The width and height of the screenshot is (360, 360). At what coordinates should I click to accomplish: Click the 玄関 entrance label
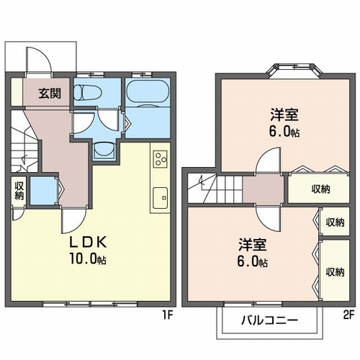coord(50,94)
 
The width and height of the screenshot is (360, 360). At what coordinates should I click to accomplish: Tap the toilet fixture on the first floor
coord(88,93)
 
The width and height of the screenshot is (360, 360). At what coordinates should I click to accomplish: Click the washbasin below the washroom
coord(104,150)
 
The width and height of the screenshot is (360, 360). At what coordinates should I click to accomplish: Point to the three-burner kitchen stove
coord(161,159)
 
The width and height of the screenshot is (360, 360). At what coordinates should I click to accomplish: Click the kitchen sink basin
coord(161,198)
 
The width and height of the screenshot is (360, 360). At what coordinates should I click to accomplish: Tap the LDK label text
coord(88,243)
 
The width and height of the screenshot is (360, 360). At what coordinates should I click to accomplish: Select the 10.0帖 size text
coord(88,258)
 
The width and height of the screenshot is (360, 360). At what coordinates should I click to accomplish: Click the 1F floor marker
coord(168,315)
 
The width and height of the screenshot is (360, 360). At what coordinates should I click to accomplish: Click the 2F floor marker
coord(348,315)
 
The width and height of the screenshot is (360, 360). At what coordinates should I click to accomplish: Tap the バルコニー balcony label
coord(269,320)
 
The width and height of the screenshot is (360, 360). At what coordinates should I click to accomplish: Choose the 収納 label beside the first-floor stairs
coord(19,191)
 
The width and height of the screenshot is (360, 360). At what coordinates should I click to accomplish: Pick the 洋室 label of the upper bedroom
coord(284,114)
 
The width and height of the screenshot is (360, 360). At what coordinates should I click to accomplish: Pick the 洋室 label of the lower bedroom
coord(253,245)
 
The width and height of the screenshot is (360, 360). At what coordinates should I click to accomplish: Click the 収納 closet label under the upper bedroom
coord(321,189)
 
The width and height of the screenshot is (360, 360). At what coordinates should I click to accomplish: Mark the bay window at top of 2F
coord(294,71)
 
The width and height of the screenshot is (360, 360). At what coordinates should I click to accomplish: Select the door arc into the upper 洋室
coord(268,161)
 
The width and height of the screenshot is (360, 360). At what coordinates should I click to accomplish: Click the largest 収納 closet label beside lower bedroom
coord(335,272)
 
